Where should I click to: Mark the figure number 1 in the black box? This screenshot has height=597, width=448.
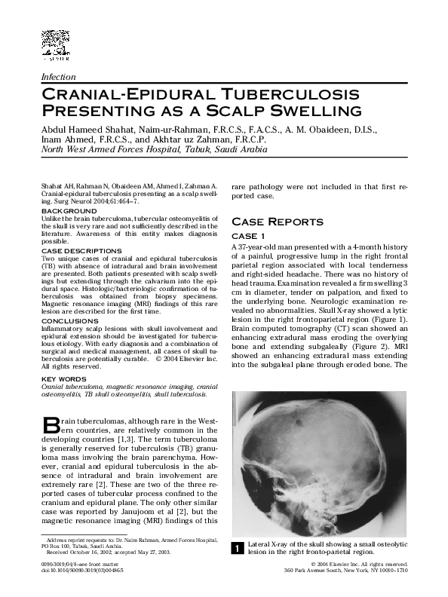pos(236,549)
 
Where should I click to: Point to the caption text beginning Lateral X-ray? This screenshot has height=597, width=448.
pos(328,547)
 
